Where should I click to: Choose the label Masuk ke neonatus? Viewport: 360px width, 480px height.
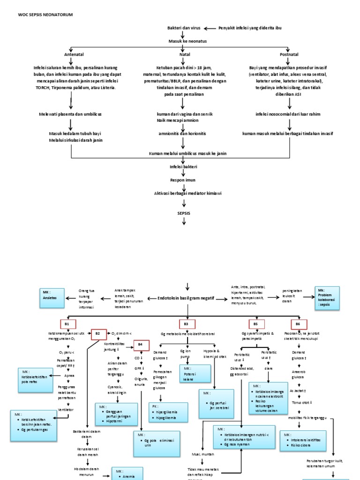187,42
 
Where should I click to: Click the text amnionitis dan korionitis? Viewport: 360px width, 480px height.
182,134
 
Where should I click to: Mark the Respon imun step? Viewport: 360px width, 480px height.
182,180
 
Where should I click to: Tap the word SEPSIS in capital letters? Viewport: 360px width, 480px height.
184,213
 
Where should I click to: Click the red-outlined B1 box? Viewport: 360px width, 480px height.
67,324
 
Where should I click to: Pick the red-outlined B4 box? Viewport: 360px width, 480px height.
140,345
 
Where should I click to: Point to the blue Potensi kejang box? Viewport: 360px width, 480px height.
195,374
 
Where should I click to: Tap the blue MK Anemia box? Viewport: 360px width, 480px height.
127,473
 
